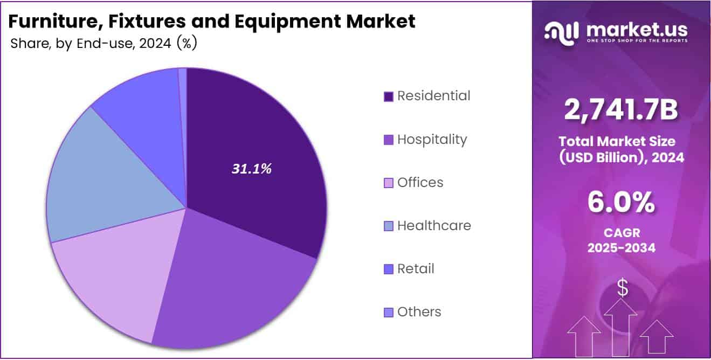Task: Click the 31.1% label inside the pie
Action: (x=252, y=169)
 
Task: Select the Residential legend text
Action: (x=433, y=96)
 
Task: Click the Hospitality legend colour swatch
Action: (x=388, y=140)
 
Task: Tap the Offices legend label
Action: (x=420, y=183)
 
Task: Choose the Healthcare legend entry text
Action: (x=434, y=226)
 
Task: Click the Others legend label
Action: (x=419, y=312)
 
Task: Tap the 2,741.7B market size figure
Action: (x=621, y=110)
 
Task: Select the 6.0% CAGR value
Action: (x=621, y=204)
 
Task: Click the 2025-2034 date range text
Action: (x=621, y=248)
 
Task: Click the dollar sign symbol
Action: (x=623, y=289)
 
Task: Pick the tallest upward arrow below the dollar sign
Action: (x=620, y=329)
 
